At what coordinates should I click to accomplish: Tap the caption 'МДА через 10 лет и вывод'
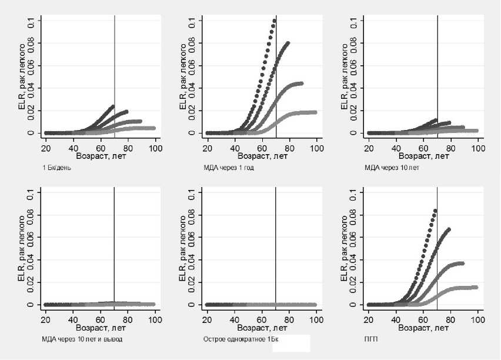pyautogui.click(x=82, y=339)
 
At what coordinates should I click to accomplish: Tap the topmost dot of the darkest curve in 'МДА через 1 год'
pyautogui.click(x=274, y=21)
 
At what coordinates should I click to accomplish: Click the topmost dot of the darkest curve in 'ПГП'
pyautogui.click(x=435, y=211)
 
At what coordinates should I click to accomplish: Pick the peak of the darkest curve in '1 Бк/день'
pyautogui.click(x=112, y=106)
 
